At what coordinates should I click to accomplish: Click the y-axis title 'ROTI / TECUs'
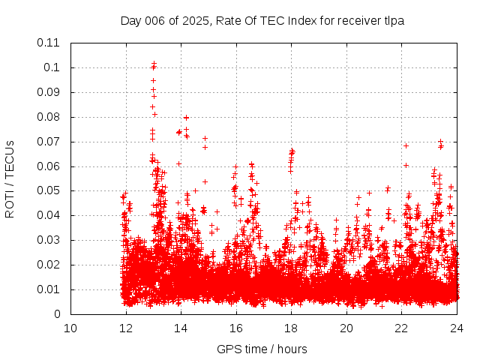[10, 178]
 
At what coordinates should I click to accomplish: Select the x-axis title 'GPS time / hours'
[262, 349]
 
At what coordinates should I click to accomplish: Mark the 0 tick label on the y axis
[57, 314]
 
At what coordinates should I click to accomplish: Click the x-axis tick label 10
[70, 328]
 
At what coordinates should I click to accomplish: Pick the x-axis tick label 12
[126, 328]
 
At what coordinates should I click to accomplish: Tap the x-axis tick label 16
[236, 328]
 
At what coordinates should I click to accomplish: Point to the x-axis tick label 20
[346, 328]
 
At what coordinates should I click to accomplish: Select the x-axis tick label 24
[457, 328]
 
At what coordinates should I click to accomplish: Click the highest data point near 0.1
[154, 64]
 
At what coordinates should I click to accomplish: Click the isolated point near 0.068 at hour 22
[406, 145]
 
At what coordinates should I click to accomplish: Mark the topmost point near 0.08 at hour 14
[186, 117]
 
